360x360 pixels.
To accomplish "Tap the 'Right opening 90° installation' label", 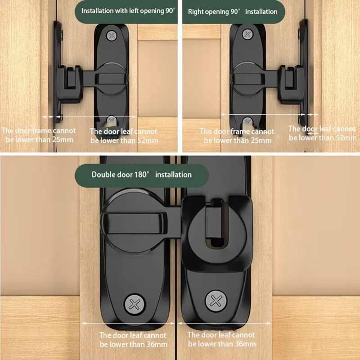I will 232,12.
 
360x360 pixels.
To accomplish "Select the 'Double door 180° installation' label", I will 142,175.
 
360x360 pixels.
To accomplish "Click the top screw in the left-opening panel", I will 111,35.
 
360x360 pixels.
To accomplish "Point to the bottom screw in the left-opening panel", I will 111,121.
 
